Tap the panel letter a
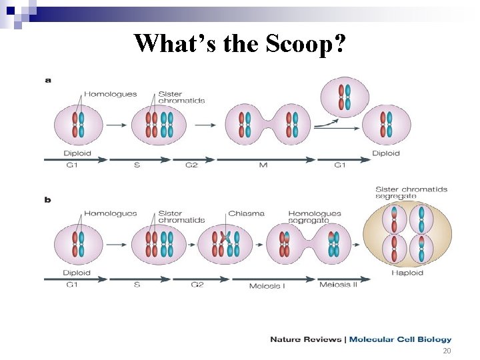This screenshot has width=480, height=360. click(x=47, y=80)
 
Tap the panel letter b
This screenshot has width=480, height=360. click(x=47, y=199)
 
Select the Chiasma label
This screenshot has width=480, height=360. click(x=246, y=213)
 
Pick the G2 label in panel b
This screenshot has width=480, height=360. click(x=197, y=285)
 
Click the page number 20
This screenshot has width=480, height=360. click(x=447, y=351)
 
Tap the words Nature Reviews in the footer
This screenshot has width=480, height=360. click(x=305, y=339)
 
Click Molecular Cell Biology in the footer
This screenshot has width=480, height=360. click(x=400, y=339)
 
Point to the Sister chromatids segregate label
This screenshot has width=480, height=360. click(x=411, y=193)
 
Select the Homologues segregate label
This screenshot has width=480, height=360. click(x=314, y=217)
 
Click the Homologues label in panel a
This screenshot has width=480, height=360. click(x=110, y=93)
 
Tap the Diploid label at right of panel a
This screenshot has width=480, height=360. click(x=386, y=153)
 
